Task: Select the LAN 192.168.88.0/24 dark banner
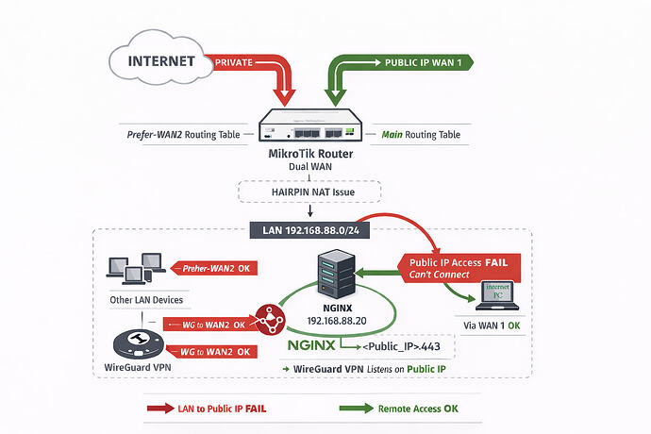pyautogui.click(x=309, y=229)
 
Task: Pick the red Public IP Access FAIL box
pyautogui.click(x=457, y=267)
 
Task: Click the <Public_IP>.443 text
pyautogui.click(x=408, y=347)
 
